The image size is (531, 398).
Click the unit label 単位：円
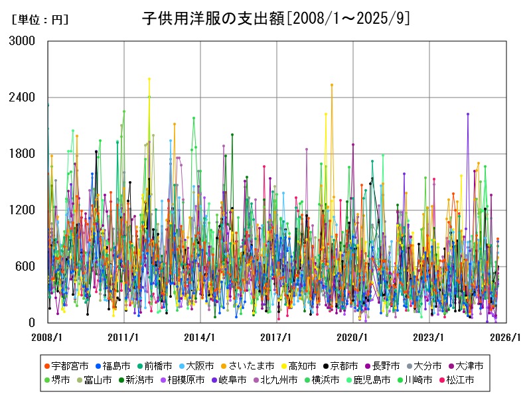40,20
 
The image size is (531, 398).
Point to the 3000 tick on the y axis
23,41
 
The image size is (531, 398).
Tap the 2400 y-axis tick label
23,98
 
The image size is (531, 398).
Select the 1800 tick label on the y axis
23,154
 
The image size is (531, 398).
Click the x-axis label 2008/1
47,337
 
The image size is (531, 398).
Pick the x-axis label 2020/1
353,337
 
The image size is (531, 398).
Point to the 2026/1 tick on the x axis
506,337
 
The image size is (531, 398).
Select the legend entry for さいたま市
251,365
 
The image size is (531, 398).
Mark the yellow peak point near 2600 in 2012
149,79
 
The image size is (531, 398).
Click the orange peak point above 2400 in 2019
332,85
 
